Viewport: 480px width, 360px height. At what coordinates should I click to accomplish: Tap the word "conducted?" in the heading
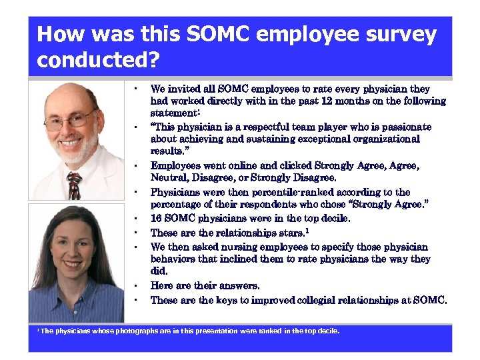(x=98, y=61)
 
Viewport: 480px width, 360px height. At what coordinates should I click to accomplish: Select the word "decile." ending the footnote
(x=328, y=331)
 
